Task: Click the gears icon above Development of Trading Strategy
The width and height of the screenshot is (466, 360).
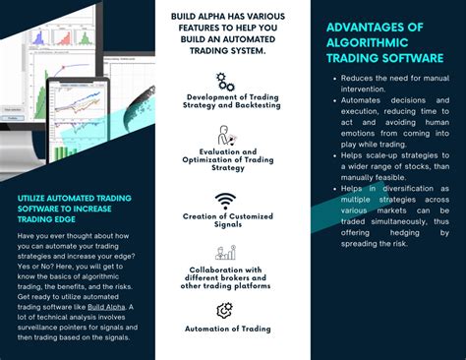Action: coord(225,81)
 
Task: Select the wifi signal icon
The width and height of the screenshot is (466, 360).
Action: coord(225,202)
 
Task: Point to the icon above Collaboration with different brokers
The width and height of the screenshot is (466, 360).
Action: coord(225,253)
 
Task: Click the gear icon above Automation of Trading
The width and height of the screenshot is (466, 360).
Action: coord(225,310)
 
